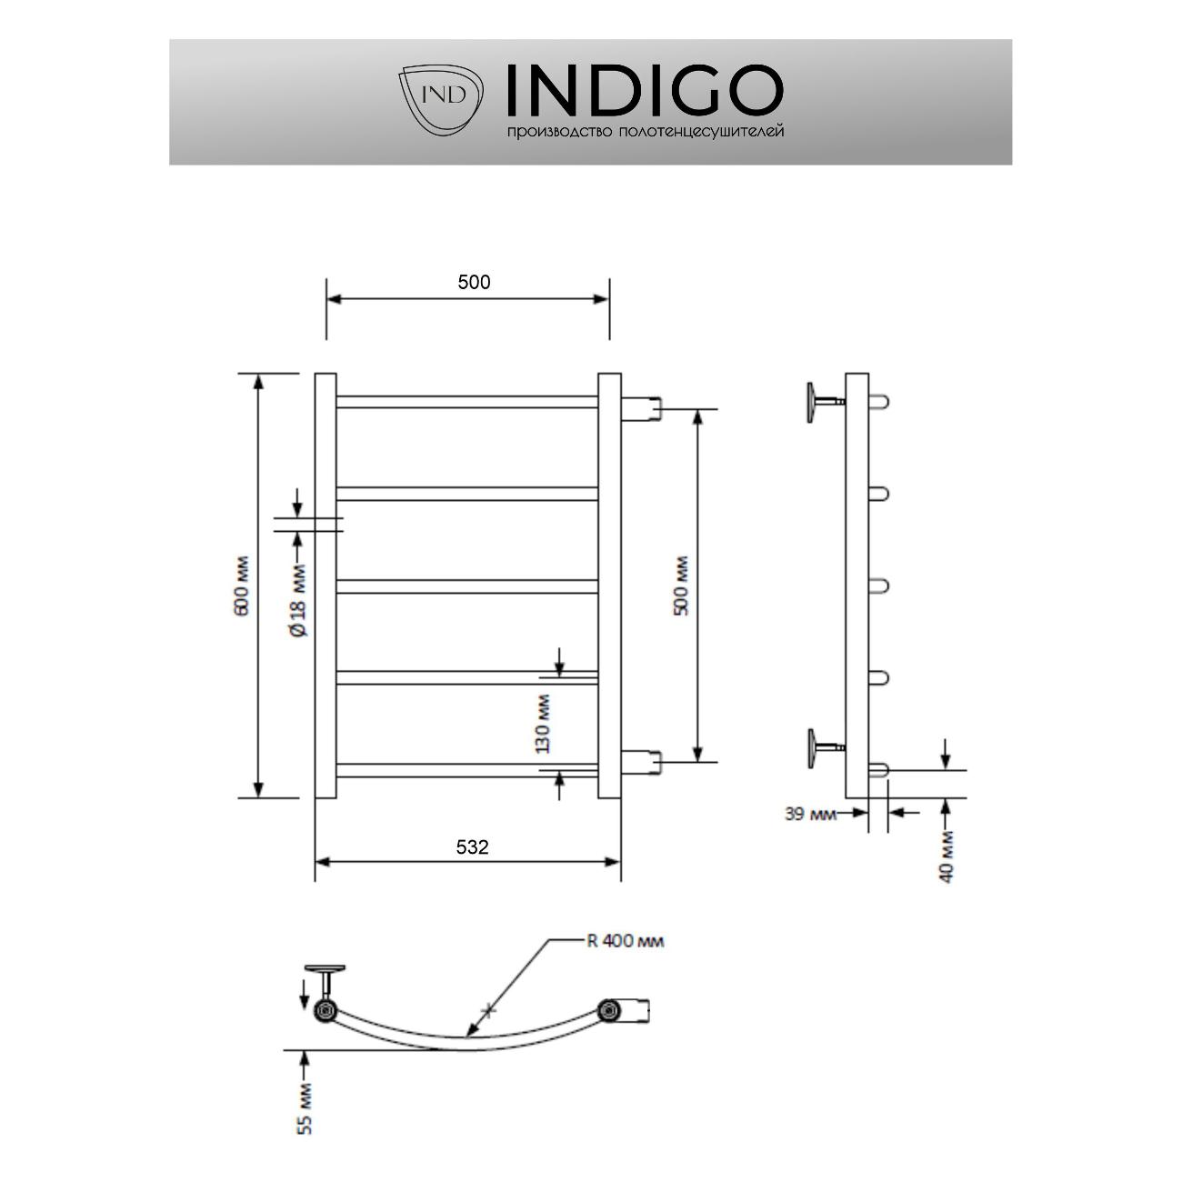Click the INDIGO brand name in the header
pyautogui.click(x=643, y=91)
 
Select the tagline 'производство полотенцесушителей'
pyautogui.click(x=645, y=133)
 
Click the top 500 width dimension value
pyautogui.click(x=474, y=282)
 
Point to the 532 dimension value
pyautogui.click(x=472, y=847)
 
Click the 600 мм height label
pyautogui.click(x=241, y=586)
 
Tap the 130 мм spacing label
pyautogui.click(x=544, y=724)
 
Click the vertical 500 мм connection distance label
pyautogui.click(x=681, y=586)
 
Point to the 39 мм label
pyautogui.click(x=809, y=814)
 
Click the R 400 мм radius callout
pyautogui.click(x=624, y=941)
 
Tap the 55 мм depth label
pyautogui.click(x=306, y=1107)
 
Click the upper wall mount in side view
pyautogui.click(x=819, y=400)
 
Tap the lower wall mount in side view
pyautogui.click(x=819, y=746)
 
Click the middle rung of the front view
pyautogui.click(x=467, y=586)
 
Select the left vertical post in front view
pyautogui.click(x=326, y=586)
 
